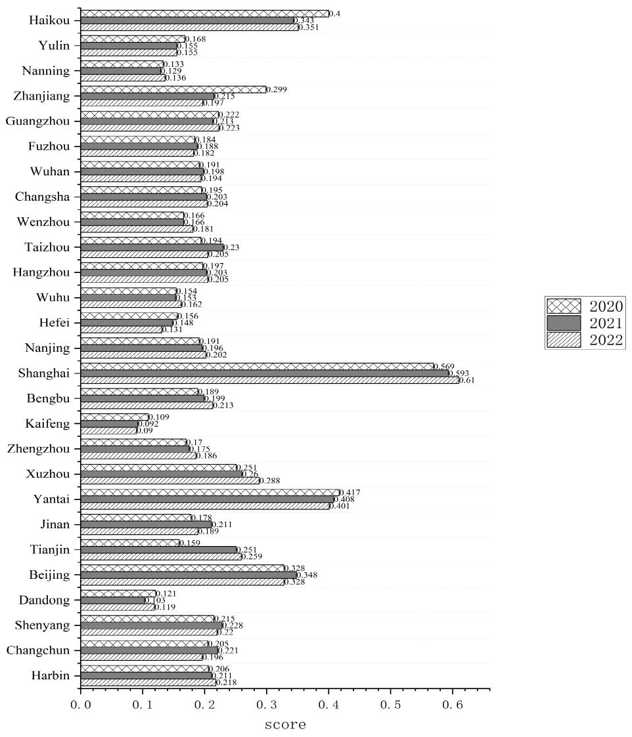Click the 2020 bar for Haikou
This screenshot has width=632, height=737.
pyautogui.click(x=204, y=13)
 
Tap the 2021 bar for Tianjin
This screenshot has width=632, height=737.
pyautogui.click(x=158, y=549)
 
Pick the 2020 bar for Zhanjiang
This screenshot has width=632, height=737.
pyautogui.click(x=173, y=89)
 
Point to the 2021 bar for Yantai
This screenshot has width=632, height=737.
pyautogui.click(x=207, y=499)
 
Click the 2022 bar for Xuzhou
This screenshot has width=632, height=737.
pyautogui.click(x=169, y=480)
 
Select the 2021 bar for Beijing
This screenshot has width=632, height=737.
pyautogui.click(x=188, y=575)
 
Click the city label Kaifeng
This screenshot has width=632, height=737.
pyautogui.click(x=52, y=424)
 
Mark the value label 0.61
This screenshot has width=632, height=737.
pyautogui.click(x=467, y=380)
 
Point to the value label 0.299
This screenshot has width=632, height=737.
pyautogui.click(x=277, y=89)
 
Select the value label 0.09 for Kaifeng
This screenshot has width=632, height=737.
pyautogui.click(x=145, y=431)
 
